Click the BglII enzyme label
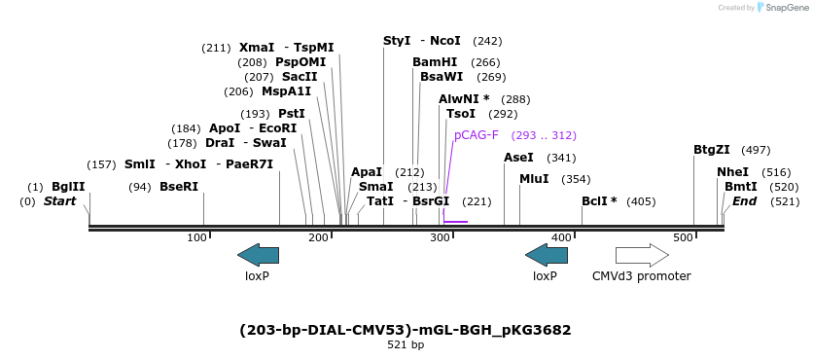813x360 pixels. tap(68, 187)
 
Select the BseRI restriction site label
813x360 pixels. tap(179, 187)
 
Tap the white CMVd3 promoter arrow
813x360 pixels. tap(642, 256)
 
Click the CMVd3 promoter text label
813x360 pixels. tap(642, 276)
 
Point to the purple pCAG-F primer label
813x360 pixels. tap(477, 135)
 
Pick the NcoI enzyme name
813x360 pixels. tap(445, 41)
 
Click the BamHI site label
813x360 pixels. tap(435, 62)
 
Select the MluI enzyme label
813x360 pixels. tap(534, 179)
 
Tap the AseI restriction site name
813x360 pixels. tap(518, 158)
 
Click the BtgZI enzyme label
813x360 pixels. tap(711, 150)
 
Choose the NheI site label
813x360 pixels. tap(732, 172)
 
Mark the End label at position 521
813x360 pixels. tap(744, 201)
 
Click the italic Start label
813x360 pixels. tap(59, 201)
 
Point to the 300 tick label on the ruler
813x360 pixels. tap(440, 238)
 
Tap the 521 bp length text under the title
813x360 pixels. tap(406, 344)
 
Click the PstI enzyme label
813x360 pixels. tap(292, 114)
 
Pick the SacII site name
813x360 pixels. tap(300, 77)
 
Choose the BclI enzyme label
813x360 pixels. tap(599, 201)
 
